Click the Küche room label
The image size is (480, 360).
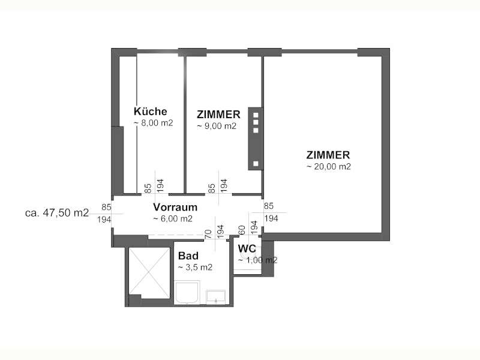151,111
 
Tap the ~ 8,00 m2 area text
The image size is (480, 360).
154,123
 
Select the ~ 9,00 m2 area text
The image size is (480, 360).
217,126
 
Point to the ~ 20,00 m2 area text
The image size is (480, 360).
328,166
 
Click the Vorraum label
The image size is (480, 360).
175,207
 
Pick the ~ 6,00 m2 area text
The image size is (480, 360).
173,218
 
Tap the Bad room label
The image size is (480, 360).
188,256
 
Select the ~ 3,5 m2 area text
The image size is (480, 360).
195,267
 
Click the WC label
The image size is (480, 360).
247,248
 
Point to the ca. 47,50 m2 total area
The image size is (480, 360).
57,212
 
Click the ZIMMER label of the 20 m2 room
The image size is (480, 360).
328,155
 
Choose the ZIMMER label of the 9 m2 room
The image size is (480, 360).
218,115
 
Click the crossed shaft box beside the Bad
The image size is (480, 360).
149,272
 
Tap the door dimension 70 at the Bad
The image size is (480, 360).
208,234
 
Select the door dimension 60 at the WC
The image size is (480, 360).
242,230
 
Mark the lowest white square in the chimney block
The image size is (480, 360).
256,163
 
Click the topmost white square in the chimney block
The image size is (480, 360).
256,115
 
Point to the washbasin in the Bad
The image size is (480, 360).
216,297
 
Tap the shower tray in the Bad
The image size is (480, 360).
187,293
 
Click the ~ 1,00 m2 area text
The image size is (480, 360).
258,260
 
